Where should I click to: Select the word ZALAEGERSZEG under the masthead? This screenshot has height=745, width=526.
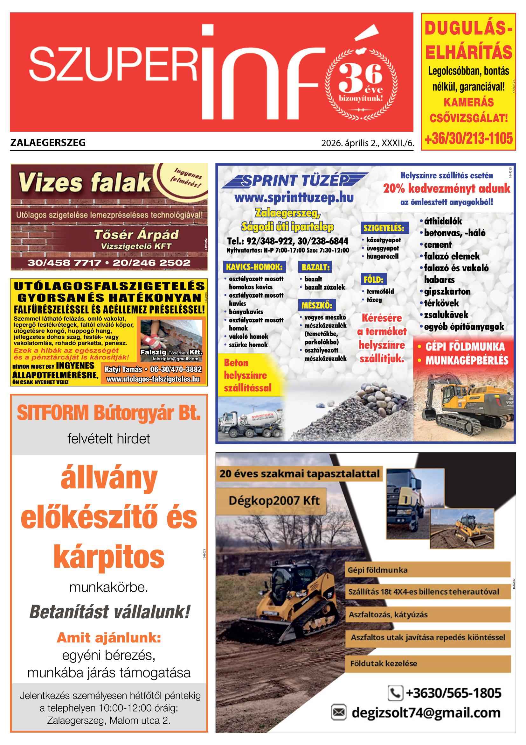click(48, 143)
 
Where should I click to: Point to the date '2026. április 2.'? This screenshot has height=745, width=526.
click(350, 143)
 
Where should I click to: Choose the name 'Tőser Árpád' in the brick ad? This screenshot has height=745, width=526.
click(136, 234)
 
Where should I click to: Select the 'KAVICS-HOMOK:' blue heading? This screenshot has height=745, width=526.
click(254, 267)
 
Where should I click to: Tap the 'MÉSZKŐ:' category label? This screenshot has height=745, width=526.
click(317, 305)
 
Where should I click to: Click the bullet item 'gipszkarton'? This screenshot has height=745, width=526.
click(447, 291)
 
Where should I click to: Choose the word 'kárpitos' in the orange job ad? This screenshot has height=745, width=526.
click(109, 556)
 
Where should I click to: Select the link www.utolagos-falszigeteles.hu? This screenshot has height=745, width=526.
click(153, 379)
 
